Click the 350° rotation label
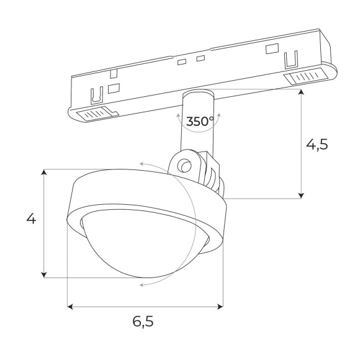pos(199,121)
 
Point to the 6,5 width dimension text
pos(143,322)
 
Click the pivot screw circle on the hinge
pos(183,166)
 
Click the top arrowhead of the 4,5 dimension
pos(302,92)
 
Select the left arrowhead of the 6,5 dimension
pos(70,306)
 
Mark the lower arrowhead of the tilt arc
pos(143,284)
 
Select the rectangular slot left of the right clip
pos(271,49)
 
